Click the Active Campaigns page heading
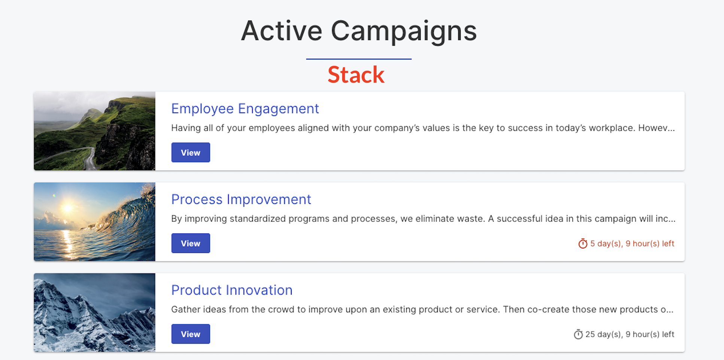(359, 31)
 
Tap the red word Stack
(356, 75)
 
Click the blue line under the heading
(359, 59)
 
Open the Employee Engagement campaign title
(245, 109)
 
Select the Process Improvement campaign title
(241, 199)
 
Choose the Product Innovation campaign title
(232, 290)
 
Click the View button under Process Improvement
(191, 243)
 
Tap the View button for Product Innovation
(191, 334)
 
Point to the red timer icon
(583, 244)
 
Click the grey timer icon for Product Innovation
(578, 334)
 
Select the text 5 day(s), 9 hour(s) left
(632, 244)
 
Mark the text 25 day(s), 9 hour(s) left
(630, 334)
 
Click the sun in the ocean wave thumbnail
(68, 208)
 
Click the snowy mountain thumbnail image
(94, 312)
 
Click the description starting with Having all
(423, 128)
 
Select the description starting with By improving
(423, 219)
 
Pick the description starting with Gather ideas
(422, 309)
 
